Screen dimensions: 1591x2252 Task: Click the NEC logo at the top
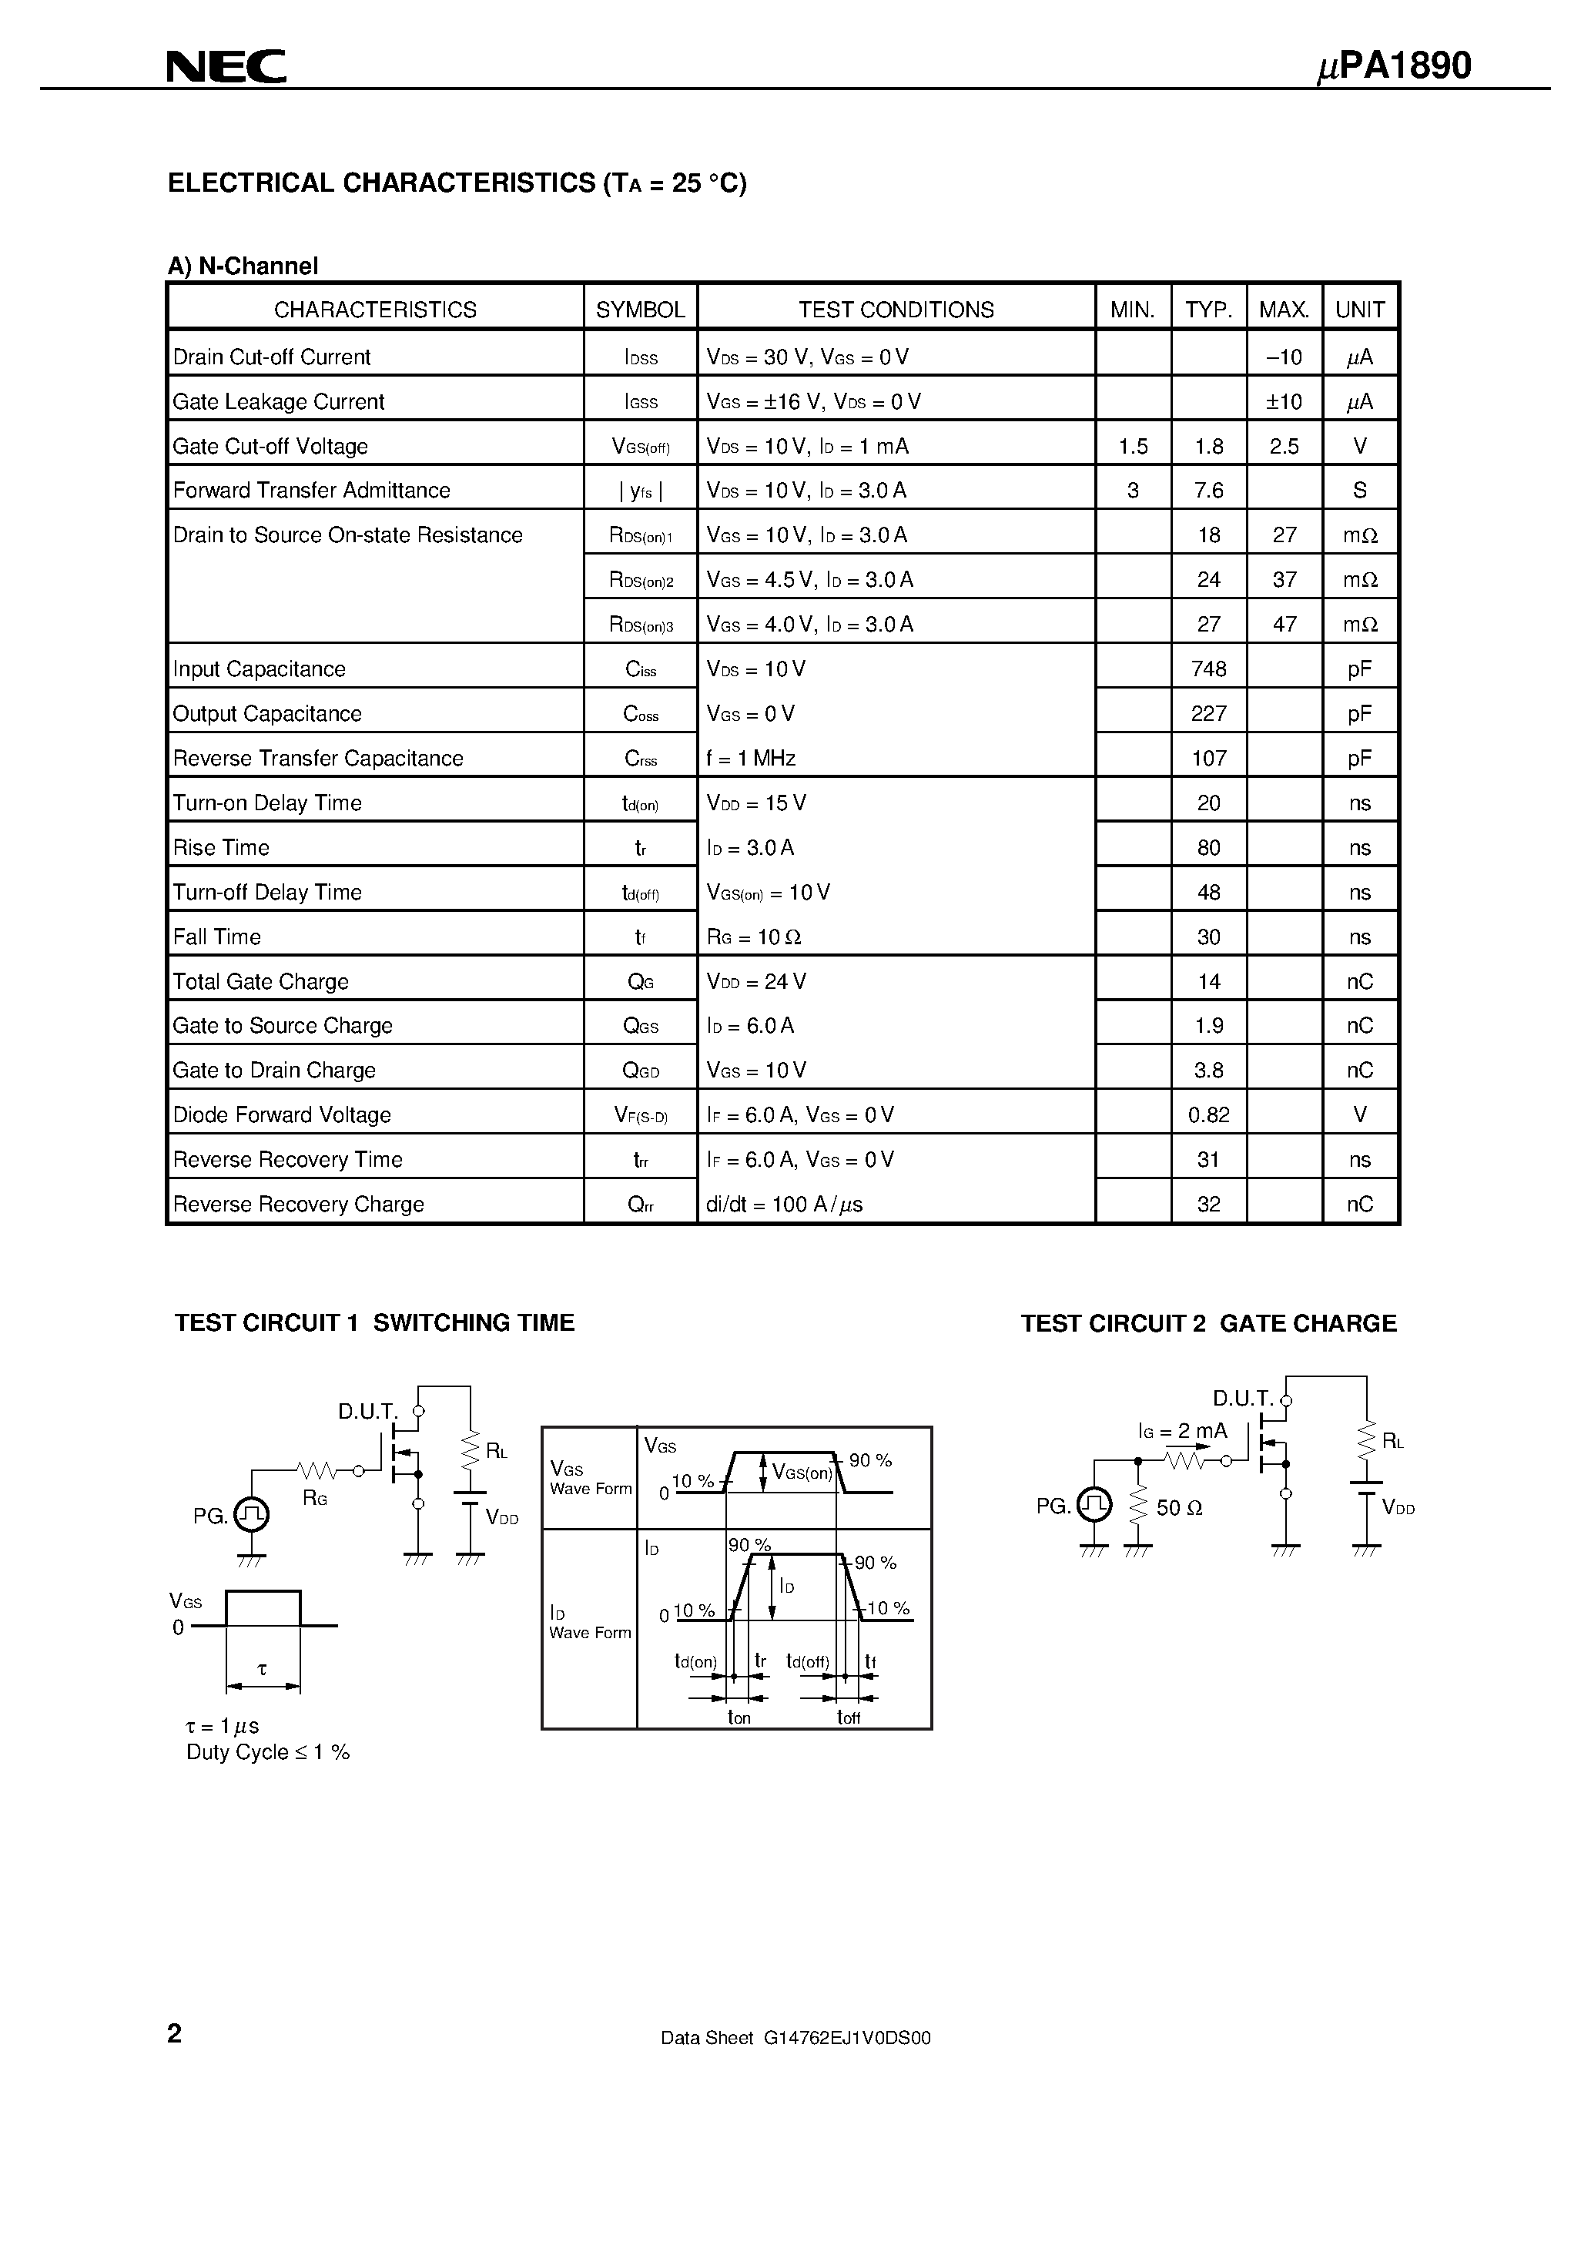226,67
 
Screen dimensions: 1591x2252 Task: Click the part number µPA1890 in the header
1393,65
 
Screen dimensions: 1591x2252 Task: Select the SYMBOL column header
641,310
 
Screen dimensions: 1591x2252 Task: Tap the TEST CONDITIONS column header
896,310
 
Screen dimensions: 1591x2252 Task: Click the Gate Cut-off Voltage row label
271,446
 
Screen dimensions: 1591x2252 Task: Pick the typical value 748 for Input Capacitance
1208,669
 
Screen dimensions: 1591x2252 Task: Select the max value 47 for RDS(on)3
1284,624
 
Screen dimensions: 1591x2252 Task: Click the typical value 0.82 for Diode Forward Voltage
1208,1115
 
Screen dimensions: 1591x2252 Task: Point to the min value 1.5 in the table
1133,446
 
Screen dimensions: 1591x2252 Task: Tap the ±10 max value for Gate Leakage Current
1283,401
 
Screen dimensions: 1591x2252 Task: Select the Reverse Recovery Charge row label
298,1205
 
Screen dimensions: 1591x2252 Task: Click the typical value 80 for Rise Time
1208,847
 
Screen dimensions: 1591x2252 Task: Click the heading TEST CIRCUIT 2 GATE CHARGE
1208,1323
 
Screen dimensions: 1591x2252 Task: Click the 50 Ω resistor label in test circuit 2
1179,1507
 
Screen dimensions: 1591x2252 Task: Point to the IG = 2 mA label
1183,1431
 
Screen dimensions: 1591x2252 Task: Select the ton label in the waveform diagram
739,1717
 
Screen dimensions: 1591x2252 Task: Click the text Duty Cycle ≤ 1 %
268,1752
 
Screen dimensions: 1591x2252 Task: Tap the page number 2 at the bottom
175,2033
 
